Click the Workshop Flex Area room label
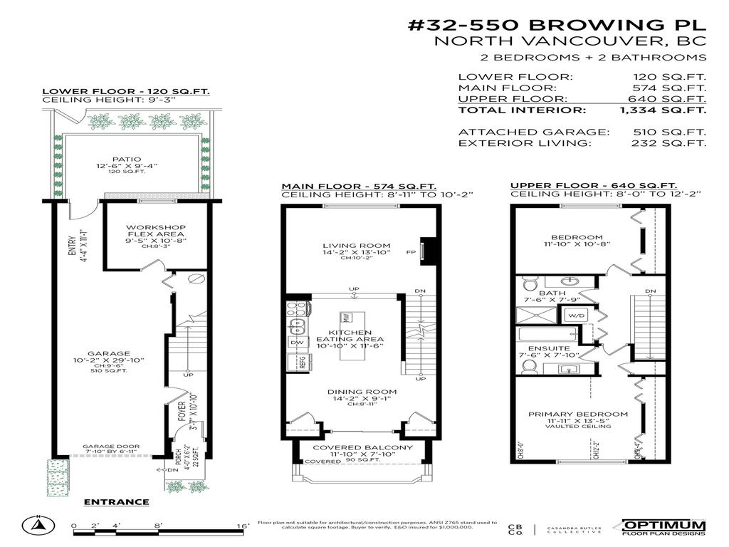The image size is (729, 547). (x=145, y=234)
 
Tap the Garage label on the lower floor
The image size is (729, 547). (x=108, y=353)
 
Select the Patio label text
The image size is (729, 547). (x=127, y=160)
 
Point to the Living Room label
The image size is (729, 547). (x=355, y=246)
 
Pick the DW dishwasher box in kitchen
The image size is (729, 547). (x=297, y=343)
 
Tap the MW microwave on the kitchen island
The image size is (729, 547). (x=346, y=317)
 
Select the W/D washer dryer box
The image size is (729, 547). (x=575, y=314)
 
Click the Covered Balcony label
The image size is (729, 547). (x=362, y=447)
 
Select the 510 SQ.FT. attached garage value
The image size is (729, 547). (x=677, y=132)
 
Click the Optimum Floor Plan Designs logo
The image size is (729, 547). (x=664, y=526)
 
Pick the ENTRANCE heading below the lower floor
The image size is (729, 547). (x=116, y=502)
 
